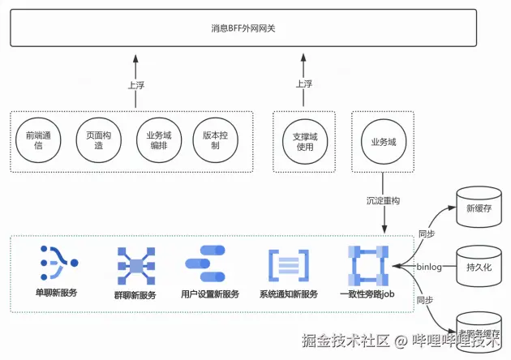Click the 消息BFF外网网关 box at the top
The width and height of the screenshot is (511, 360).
click(255, 29)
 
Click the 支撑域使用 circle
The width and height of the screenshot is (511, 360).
click(303, 140)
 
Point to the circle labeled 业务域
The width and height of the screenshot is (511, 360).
click(383, 141)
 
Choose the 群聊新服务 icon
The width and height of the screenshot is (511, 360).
click(135, 264)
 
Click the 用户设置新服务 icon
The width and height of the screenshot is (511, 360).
click(209, 263)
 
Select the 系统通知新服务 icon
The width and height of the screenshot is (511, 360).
click(289, 264)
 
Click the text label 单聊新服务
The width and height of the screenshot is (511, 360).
click(56, 293)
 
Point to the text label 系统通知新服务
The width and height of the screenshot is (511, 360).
click(289, 294)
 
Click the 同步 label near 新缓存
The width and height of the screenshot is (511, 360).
click(426, 234)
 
